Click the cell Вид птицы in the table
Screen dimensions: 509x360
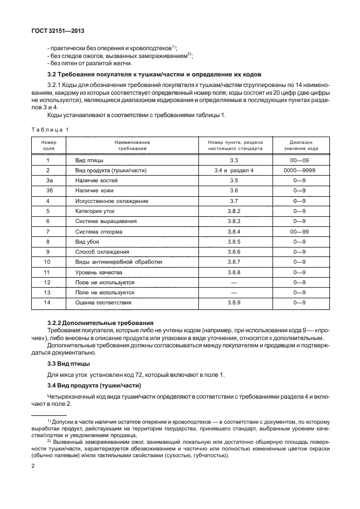click(89, 161)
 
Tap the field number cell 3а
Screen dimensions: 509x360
click(48, 181)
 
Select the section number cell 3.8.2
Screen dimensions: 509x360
click(233, 211)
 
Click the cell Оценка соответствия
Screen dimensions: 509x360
click(103, 302)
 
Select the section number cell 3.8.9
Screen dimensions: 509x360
click(233, 302)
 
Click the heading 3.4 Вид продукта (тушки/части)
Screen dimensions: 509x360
click(95, 386)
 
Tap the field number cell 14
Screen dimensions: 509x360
click(48, 302)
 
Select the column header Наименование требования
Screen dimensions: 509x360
click(132, 146)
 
